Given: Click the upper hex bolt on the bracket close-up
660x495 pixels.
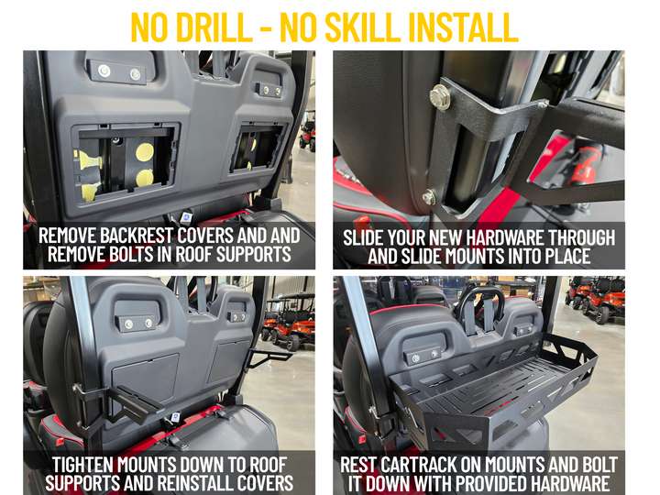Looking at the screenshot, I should point(441,97).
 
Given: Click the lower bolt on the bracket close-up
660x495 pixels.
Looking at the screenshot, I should point(428,196).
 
